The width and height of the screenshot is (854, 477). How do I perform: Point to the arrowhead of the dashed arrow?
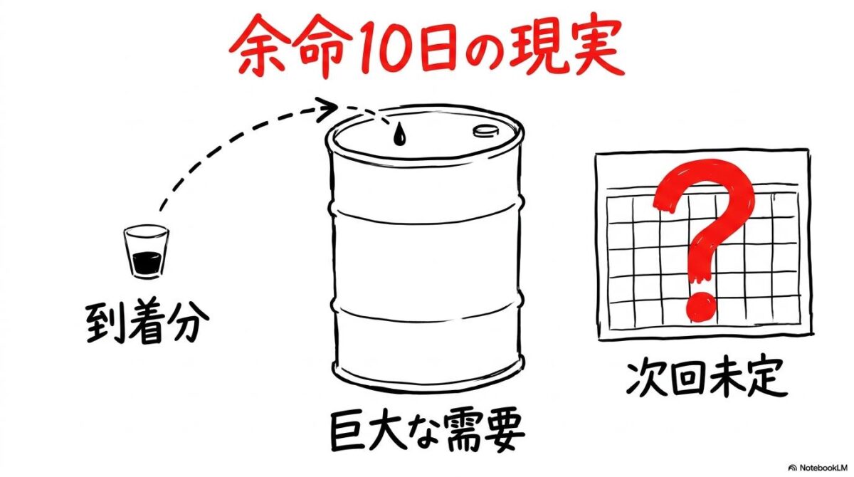click(329, 109)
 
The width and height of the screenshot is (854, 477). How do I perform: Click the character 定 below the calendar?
click(764, 379)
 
